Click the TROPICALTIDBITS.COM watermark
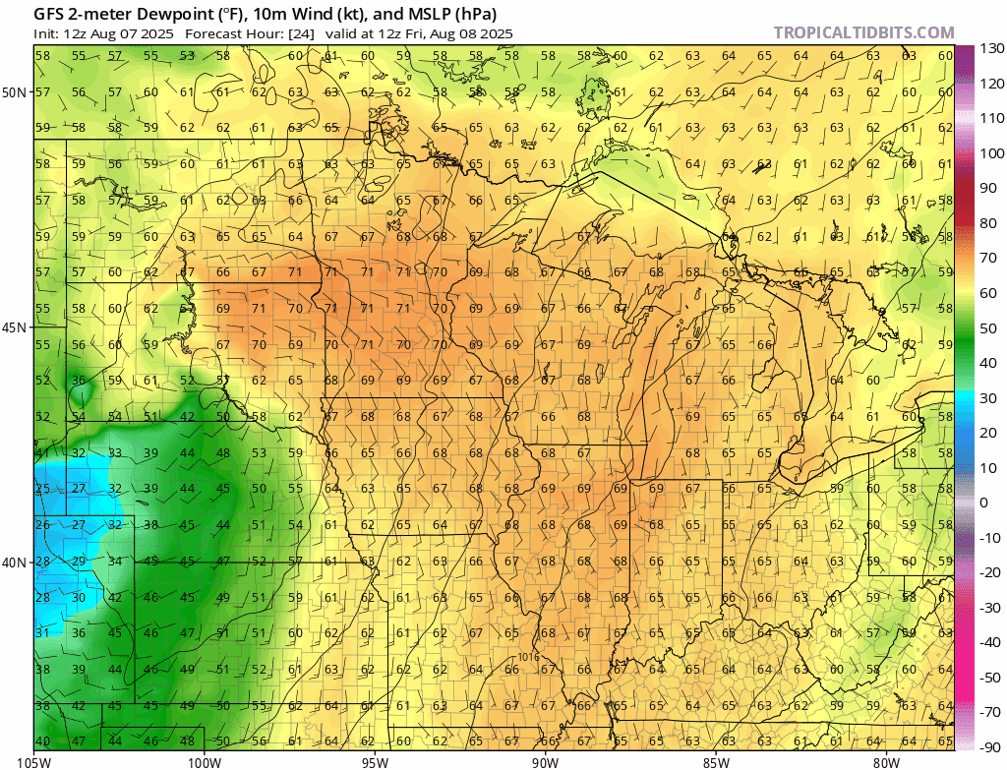click(x=863, y=32)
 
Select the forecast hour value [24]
click(x=301, y=32)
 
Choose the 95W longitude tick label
click(x=375, y=761)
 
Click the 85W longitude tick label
click(x=716, y=761)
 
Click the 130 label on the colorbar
click(x=989, y=48)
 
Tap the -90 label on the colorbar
click(x=989, y=746)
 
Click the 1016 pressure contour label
click(x=529, y=655)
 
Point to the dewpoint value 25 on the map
click(x=42, y=489)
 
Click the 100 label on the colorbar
click(x=989, y=153)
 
